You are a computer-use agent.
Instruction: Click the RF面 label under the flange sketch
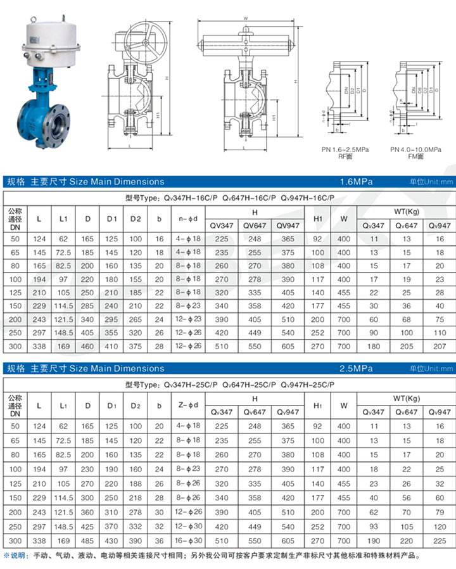[345, 155]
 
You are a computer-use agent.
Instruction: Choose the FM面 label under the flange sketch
[415, 155]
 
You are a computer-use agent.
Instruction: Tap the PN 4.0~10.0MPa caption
[415, 148]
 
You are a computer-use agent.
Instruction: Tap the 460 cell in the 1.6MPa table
[87, 347]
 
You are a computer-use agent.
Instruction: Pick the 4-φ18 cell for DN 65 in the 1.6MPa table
[188, 252]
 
